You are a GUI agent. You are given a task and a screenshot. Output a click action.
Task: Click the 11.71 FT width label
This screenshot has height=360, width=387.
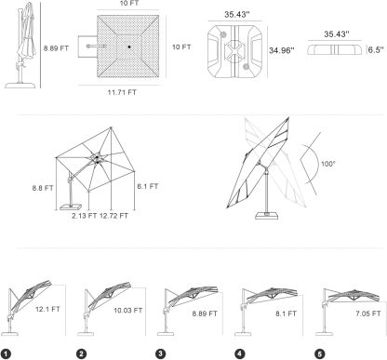pos(122,92)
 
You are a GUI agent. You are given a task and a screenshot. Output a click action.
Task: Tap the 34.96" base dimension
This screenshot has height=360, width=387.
pos(281,50)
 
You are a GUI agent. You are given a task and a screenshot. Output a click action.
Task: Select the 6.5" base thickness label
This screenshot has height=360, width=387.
pos(376,50)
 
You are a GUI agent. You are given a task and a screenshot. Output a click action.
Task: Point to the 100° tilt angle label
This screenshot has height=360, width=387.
pos(328,164)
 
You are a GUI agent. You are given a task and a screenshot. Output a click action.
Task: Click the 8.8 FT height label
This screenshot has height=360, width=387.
pos(43,188)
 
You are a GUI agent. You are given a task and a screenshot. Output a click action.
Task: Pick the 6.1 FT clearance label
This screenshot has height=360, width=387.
pos(148,186)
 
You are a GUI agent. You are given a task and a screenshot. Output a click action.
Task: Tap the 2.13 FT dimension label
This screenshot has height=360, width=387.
pos(85,216)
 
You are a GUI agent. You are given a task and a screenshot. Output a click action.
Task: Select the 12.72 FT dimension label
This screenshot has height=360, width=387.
pos(113,216)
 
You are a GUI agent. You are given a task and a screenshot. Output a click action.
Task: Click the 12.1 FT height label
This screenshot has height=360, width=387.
pos(47,309)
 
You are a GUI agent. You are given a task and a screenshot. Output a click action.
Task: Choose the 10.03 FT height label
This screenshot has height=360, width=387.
pos(128,311)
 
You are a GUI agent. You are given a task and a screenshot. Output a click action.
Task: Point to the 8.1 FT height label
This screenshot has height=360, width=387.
pos(286,313)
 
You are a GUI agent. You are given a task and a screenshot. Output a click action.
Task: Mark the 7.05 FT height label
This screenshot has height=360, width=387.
pos(368,313)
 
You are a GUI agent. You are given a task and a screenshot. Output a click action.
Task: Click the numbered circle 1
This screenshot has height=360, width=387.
pos(6,354)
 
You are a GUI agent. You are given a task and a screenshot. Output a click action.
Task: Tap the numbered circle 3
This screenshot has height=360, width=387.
pos(160,353)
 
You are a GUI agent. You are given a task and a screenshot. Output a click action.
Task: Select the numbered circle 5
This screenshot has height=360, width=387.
pos(320,353)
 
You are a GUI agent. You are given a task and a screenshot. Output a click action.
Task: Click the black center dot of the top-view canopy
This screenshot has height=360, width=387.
pos(129,47)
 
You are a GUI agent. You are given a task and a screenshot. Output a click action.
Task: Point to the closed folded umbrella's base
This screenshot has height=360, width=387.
pos(20,85)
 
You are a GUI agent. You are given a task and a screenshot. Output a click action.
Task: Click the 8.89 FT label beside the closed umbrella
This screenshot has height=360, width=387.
pos(56,48)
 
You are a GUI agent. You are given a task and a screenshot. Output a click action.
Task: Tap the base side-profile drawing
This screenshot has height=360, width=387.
pos(335,50)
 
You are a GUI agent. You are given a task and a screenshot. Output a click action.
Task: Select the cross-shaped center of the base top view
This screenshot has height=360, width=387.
pos(234,49)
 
